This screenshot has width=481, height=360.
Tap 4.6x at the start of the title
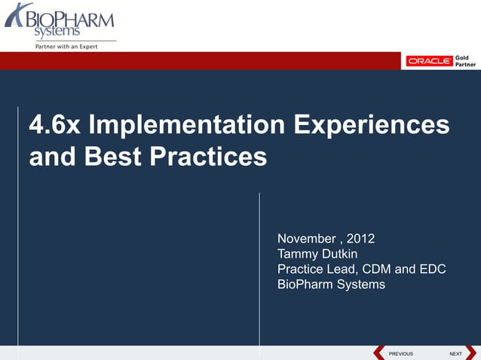tap(54, 126)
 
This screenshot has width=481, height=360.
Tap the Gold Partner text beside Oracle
tap(463, 61)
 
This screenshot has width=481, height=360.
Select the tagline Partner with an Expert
tap(63, 47)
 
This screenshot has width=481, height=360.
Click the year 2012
tap(360, 239)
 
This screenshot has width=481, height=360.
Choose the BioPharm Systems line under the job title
tap(331, 285)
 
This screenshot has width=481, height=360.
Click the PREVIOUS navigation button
tap(395, 353)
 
